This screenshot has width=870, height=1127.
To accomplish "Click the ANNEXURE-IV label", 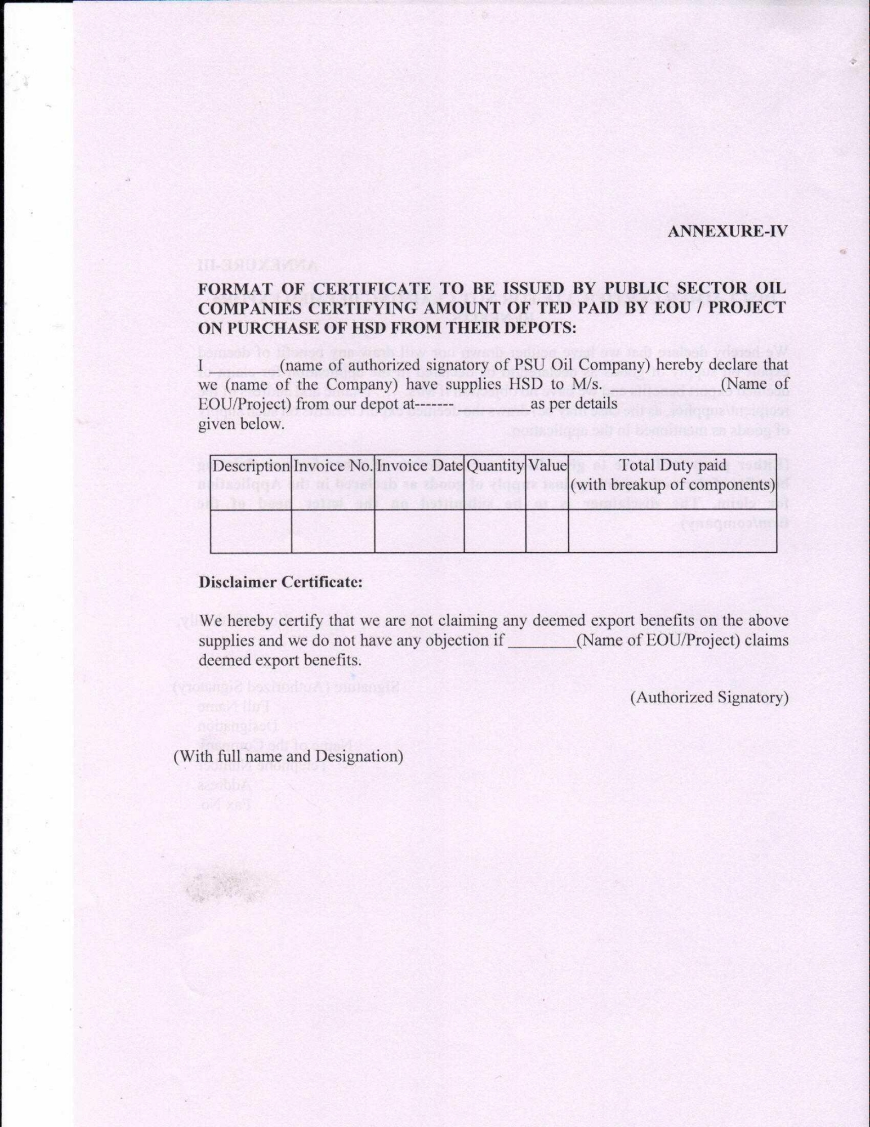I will coord(727,232).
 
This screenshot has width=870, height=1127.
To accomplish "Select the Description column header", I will coord(251,466).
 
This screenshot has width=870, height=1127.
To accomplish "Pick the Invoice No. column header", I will coord(333,466).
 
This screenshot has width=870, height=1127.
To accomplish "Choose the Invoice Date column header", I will coord(420,466).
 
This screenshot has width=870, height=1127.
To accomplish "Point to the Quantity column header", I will coord(495,466).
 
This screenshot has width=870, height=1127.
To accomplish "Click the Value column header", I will coord(547,466).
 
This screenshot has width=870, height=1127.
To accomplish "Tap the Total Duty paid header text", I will coord(672,465).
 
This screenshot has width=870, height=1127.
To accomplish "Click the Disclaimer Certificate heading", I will coord(280,582).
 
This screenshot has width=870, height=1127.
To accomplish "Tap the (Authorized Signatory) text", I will coord(708,698).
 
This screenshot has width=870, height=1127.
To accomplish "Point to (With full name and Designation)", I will coord(288,756).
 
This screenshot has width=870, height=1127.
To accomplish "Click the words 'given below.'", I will coord(241,424).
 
